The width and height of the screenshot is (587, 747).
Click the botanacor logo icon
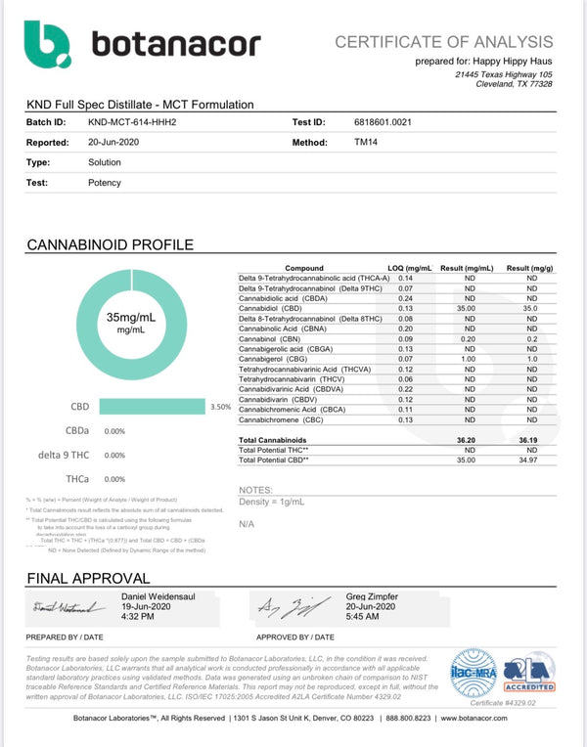click(x=47, y=44)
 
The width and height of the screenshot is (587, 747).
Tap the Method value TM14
click(x=364, y=143)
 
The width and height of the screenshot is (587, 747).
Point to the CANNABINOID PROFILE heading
click(x=110, y=245)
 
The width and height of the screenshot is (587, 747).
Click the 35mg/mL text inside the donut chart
click(x=132, y=318)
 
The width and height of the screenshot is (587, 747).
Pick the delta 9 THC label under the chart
click(x=65, y=455)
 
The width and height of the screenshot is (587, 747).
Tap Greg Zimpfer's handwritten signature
click(x=284, y=609)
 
